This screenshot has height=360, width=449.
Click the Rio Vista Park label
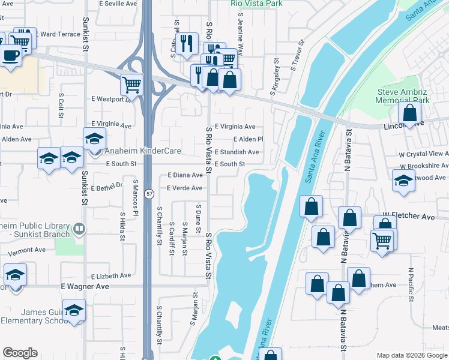coord(256,4)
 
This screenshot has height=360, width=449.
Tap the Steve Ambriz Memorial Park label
coord(403,97)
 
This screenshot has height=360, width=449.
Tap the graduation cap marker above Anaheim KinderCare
coord(94,139)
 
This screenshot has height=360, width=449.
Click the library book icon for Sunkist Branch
coord(79,229)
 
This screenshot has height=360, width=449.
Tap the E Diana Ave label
coord(185,175)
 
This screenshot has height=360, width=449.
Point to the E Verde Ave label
coord(185,188)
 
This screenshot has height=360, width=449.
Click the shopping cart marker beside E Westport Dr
coord(131,84)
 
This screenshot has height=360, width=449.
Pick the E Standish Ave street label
coord(237,152)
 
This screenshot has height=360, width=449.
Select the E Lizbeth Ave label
coord(111,275)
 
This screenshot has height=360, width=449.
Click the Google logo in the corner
coord(20,353)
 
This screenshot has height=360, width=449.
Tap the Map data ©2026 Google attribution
coord(412,355)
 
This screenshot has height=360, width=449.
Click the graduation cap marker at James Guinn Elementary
coord(74,310)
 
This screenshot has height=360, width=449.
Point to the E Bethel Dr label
coord(107,187)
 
